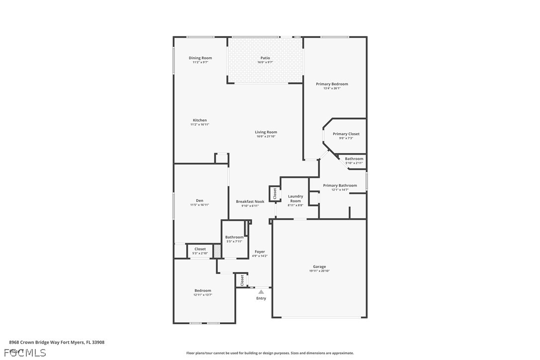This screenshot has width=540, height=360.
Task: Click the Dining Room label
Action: [200, 58]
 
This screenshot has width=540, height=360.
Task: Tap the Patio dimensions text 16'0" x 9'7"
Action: [265, 62]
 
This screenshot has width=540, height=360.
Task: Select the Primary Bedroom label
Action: [332, 84]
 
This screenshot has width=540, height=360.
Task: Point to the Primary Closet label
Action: [346, 134]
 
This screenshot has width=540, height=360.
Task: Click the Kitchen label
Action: [200, 120]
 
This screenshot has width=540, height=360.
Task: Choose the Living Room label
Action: [266, 132]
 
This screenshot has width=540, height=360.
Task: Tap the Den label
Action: [200, 200]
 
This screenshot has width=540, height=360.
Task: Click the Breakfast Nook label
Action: [250, 201]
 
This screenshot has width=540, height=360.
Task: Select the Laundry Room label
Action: [295, 198]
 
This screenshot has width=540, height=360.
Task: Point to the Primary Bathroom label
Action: [340, 185]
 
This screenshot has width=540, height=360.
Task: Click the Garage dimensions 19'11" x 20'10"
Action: [319, 271]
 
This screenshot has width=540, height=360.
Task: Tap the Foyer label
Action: [260, 252]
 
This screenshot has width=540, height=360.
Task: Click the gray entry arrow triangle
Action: [261, 292]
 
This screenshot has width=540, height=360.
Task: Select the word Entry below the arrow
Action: [261, 298]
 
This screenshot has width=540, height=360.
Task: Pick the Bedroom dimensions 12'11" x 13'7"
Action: [203, 295]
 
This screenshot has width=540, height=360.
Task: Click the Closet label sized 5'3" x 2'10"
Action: [200, 249]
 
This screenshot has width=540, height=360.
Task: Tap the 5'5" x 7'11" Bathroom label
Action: [234, 237]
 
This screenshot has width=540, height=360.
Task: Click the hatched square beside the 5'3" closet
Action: [217, 251]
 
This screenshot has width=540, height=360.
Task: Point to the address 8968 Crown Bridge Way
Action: [40, 342]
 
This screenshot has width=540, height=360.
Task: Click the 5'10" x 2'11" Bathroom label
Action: [354, 159]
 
